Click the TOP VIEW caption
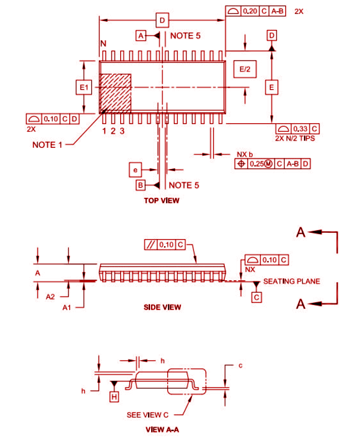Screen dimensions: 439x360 [x=161, y=200]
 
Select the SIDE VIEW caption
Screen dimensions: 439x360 [x=162, y=307]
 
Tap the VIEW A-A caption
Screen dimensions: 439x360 [x=162, y=429]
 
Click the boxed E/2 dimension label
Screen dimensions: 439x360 [x=244, y=70]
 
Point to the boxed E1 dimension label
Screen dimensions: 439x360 [x=84, y=89]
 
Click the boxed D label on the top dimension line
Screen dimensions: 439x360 [x=162, y=21]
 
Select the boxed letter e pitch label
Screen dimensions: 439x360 [x=135, y=170]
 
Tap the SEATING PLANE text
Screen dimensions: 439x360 [x=291, y=281]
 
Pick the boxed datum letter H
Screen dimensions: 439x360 [x=114, y=396]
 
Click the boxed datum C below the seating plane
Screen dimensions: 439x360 [x=256, y=297]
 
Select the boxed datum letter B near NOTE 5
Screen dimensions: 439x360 [x=140, y=184]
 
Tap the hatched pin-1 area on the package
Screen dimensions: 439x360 [x=114, y=93]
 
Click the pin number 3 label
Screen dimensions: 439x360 [x=122, y=131]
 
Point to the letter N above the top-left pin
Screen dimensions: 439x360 [x=103, y=44]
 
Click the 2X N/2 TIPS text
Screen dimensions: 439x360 [x=295, y=139]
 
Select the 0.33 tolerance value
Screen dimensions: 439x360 [x=300, y=128]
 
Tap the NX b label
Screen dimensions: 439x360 [x=245, y=154]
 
